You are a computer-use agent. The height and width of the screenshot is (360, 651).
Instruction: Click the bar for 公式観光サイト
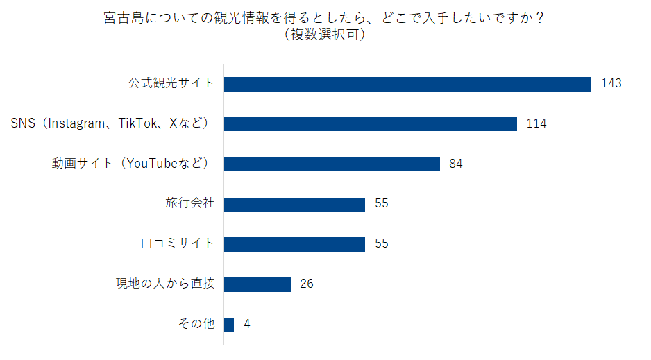point(407,84)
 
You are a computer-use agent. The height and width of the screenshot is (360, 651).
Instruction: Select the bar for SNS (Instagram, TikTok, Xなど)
point(371,124)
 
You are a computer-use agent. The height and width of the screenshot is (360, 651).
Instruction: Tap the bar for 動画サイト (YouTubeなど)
point(332,164)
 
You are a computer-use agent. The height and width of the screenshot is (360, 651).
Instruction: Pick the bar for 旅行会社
point(294,205)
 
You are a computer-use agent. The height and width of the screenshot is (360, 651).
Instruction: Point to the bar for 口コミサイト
point(294,244)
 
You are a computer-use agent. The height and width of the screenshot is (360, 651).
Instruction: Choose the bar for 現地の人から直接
point(257,284)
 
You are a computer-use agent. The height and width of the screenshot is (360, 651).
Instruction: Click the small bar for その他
point(229,325)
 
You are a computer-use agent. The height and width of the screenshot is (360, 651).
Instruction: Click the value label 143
point(611,84)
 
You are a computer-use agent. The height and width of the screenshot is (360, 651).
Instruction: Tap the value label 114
point(536,124)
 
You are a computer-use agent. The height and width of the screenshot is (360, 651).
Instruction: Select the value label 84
point(456,164)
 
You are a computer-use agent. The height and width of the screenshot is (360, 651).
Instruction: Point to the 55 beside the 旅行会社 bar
point(381,205)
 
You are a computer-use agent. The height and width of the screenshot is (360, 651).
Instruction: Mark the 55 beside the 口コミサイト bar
point(381,244)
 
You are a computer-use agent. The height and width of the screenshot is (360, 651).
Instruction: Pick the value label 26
point(307,284)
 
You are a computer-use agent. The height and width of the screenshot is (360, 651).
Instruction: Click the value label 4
point(246,325)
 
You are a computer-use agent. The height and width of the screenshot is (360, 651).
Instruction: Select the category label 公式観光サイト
point(171,84)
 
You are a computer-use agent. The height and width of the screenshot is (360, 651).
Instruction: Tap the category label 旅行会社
point(190,205)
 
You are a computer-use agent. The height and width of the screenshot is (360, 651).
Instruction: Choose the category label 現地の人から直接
point(165,284)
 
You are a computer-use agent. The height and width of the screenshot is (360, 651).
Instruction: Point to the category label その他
point(196,325)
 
